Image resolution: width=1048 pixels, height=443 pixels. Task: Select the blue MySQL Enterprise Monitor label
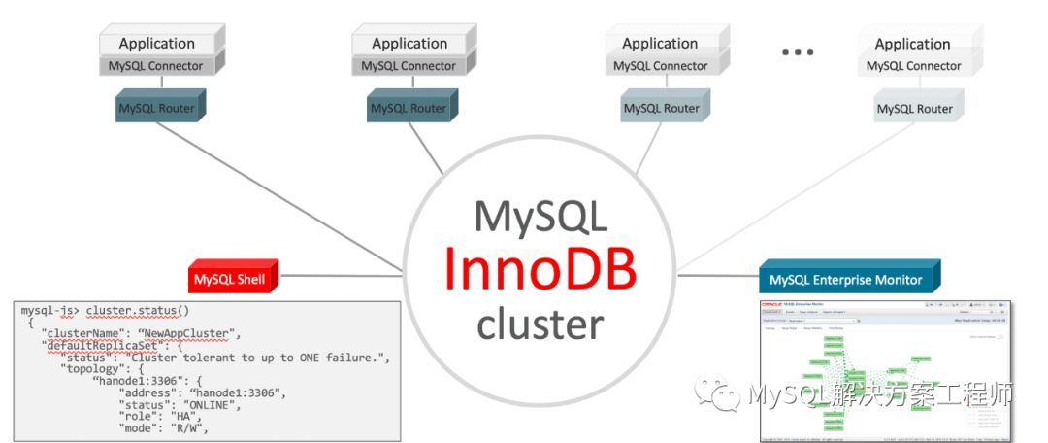(x=846, y=280)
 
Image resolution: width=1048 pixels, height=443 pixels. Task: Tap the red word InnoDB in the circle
(x=540, y=269)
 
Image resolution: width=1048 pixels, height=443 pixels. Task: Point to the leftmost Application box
(x=157, y=43)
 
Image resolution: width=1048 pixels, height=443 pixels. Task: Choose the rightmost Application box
(x=912, y=44)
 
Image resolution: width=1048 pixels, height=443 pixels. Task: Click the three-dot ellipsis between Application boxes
(x=798, y=51)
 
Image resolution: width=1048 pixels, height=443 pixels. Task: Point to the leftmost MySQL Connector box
(x=161, y=66)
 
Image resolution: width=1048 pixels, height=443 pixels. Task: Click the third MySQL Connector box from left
(x=661, y=66)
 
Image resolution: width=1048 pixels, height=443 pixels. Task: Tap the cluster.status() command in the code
(x=140, y=311)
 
